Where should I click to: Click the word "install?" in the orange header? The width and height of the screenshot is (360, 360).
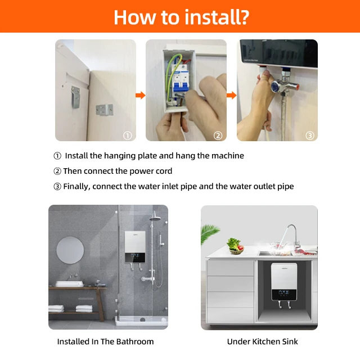pos(217,17)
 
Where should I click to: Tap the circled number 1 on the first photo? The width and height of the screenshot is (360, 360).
pos(128,136)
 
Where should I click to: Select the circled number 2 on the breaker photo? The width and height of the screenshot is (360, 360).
pos(218,136)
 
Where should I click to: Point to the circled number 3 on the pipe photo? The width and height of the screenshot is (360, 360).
pos(310,136)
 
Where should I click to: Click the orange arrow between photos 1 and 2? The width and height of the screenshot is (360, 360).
pos(141,95)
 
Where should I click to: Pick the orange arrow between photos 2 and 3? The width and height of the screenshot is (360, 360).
pos(231,95)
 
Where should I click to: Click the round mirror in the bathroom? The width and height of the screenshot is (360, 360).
pos(70,250)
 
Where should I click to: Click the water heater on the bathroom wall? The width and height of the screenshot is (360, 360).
pos(135,247)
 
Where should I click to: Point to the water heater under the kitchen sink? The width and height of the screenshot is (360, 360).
pos(284,282)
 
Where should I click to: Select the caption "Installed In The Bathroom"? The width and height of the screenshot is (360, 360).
pos(105,341)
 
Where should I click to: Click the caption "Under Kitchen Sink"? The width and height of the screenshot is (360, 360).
pos(263,341)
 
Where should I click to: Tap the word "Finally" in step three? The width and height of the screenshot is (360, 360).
pos(76,186)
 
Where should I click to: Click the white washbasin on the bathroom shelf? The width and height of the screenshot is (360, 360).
pos(70,283)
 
